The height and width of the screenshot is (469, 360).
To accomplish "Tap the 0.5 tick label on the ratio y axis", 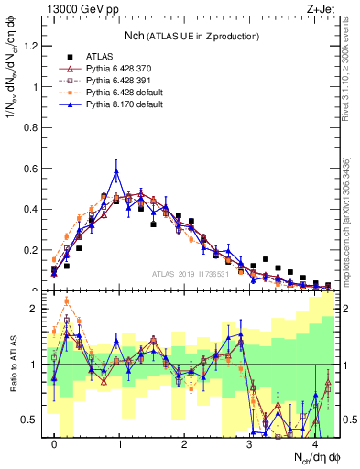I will [32, 420].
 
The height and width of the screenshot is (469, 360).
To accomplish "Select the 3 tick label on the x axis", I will [250, 444].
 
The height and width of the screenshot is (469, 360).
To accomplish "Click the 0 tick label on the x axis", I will [54, 444].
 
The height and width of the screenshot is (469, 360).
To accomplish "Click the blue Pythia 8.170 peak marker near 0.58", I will [116, 171].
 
